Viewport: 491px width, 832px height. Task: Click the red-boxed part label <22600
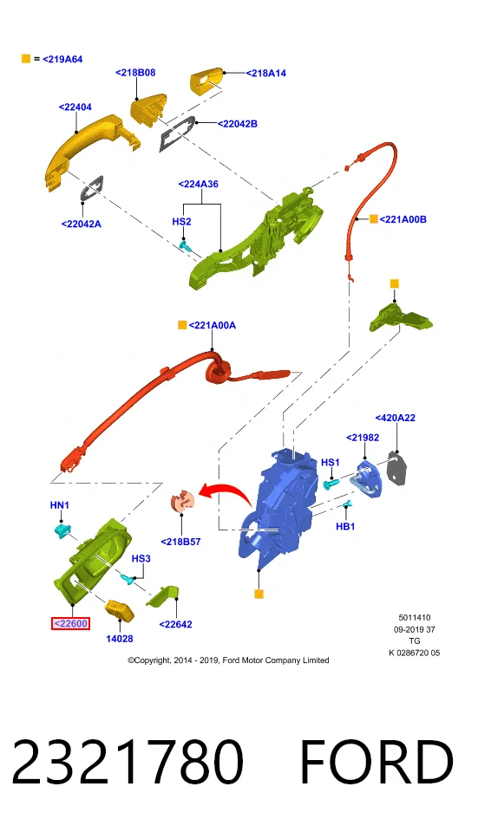click(x=70, y=623)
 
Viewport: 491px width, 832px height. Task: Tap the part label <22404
click(x=75, y=107)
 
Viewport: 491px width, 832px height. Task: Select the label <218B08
click(x=135, y=73)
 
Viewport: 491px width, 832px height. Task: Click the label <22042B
click(x=238, y=124)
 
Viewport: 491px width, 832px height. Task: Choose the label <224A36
click(x=198, y=184)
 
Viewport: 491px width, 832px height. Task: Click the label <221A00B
click(x=403, y=219)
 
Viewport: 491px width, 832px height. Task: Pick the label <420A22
click(x=396, y=418)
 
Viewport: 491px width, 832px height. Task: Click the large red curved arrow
click(x=226, y=491)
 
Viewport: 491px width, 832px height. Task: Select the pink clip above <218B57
click(x=182, y=502)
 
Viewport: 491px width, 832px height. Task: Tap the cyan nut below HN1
click(x=62, y=530)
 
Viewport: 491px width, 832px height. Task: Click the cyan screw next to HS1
click(x=331, y=484)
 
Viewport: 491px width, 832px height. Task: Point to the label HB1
click(x=345, y=526)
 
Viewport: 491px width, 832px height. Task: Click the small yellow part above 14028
click(x=120, y=611)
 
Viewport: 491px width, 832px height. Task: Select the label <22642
click(x=176, y=625)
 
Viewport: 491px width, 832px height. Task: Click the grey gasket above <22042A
click(x=93, y=187)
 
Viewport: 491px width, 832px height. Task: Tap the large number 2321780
click(x=128, y=761)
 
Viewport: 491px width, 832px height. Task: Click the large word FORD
click(x=376, y=762)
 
